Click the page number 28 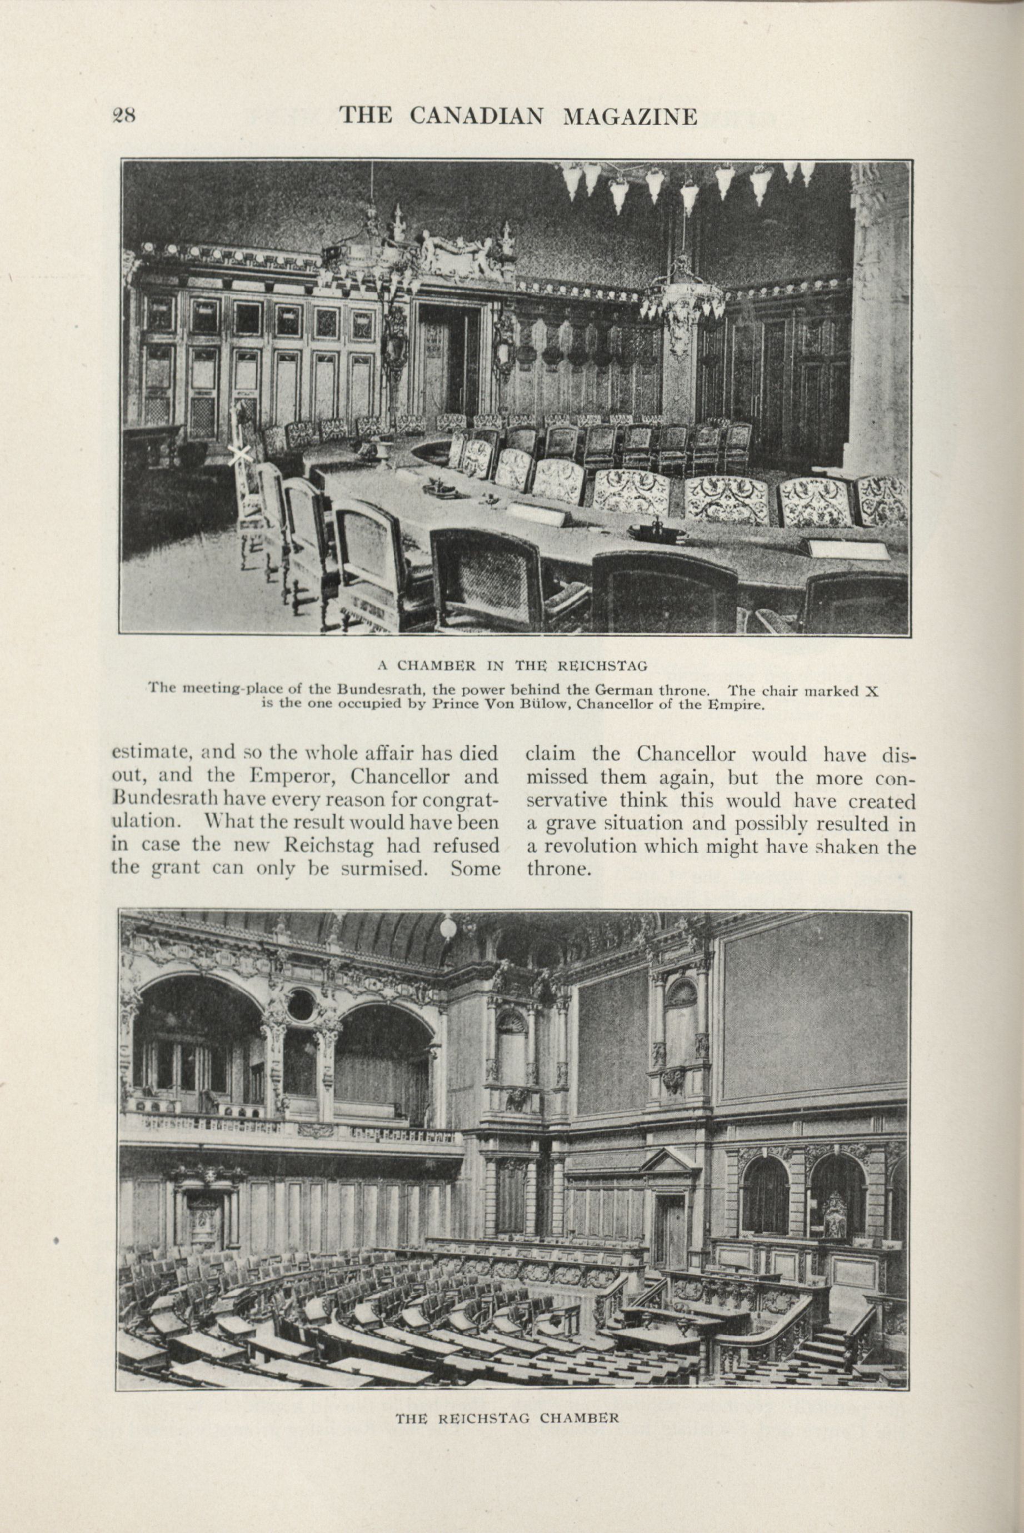pyautogui.click(x=123, y=115)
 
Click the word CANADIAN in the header pyautogui.click(x=476, y=116)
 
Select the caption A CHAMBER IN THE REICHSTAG pyautogui.click(x=513, y=666)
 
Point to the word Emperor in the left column pyautogui.click(x=284, y=777)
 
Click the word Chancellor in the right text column pyautogui.click(x=686, y=754)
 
